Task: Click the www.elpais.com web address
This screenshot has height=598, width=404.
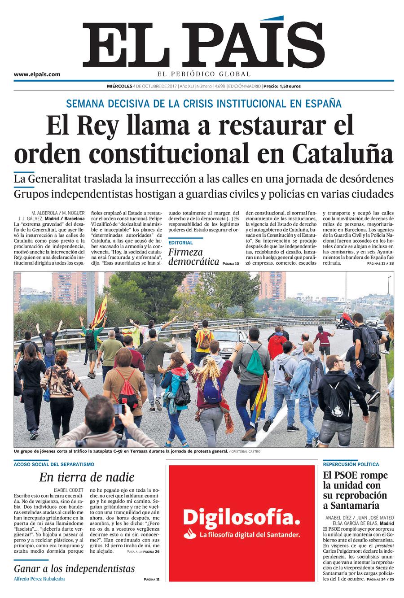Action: tap(37, 74)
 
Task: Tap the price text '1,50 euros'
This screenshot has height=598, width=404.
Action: tap(289, 86)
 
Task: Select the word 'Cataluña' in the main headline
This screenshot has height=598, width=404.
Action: tap(343, 153)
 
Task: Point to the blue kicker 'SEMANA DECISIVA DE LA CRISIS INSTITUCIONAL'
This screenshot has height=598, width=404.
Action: tap(203, 104)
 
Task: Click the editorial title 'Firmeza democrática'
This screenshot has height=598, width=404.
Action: tap(193, 257)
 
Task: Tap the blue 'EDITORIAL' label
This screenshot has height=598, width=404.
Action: tap(180, 243)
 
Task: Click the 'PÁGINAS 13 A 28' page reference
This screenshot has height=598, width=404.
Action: tap(380, 263)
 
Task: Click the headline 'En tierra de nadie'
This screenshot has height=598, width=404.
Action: tap(86, 477)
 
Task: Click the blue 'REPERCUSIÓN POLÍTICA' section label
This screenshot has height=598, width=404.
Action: tap(351, 464)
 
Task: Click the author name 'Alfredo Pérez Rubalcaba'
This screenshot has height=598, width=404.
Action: tap(40, 579)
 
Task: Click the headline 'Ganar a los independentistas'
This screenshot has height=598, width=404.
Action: tap(74, 569)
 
